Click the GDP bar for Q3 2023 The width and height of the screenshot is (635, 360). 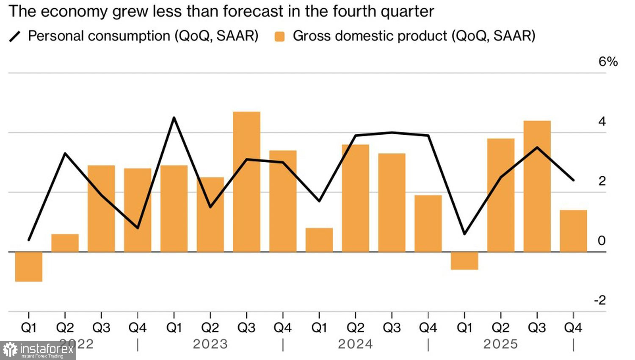(246, 182)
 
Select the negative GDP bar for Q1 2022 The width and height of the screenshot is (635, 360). (29, 266)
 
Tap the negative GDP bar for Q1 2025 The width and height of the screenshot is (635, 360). (464, 260)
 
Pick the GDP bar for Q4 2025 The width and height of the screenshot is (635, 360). (573, 231)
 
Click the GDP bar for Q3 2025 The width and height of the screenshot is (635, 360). (537, 186)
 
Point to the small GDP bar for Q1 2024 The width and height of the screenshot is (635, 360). (319, 240)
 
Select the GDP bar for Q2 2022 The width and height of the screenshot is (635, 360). (65, 243)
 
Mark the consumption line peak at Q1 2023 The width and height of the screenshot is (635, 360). (174, 118)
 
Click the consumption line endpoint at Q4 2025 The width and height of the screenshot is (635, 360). (573, 180)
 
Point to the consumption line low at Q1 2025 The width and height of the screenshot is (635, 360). (464, 234)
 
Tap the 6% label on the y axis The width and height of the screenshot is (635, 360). (608, 62)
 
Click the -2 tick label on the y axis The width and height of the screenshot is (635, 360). (600, 300)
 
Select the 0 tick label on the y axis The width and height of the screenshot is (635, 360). (602, 241)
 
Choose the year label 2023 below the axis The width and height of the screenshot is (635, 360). (210, 344)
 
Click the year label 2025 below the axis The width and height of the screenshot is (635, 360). (501, 344)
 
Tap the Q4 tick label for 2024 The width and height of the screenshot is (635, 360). (428, 327)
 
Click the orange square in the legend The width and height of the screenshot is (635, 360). (279, 36)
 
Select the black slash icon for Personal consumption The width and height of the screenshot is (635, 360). (15, 36)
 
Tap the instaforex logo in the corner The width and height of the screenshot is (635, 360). (38, 350)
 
